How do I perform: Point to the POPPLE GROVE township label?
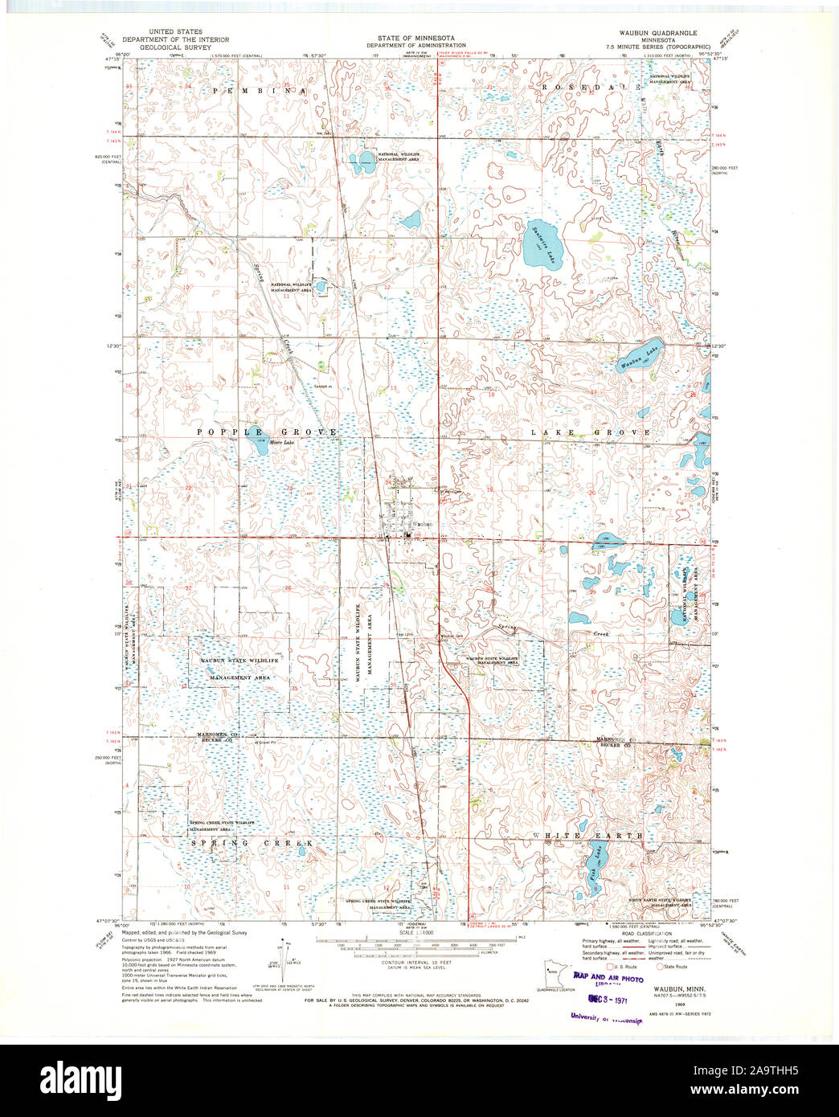266,432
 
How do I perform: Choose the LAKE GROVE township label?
590,432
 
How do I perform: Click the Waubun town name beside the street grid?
423,525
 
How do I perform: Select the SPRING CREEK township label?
250,843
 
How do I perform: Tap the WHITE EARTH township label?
587,836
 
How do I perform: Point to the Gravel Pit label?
266,743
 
